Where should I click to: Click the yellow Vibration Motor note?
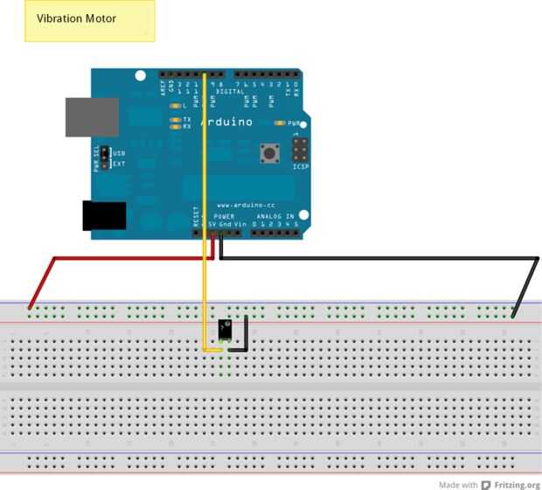tap(90, 21)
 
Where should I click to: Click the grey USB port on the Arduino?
tap(92, 116)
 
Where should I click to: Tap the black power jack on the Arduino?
tap(104, 215)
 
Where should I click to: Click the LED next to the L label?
tap(176, 106)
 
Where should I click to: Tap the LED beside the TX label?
tap(176, 119)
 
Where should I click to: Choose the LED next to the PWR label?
tap(280, 123)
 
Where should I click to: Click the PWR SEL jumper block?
tap(105, 157)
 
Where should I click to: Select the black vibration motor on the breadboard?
tap(226, 330)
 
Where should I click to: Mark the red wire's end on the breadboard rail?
tap(31, 307)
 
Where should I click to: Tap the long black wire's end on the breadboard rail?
tap(515, 312)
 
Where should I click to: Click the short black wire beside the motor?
tap(247, 334)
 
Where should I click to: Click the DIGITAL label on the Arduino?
tap(229, 91)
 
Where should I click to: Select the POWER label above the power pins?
tap(225, 215)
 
